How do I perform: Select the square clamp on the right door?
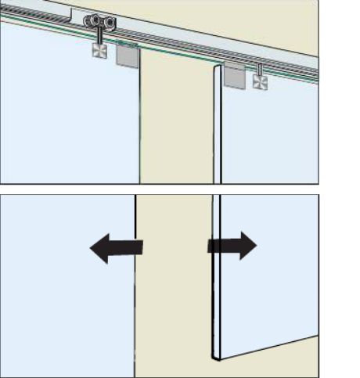pyautogui.click(x=260, y=82)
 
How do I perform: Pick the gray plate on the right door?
pyautogui.click(x=234, y=75)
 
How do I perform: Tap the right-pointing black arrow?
pyautogui.click(x=232, y=246)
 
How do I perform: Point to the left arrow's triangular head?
pyautogui.click(x=100, y=250)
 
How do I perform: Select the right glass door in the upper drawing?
pyautogui.click(x=274, y=133)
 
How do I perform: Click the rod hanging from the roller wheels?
pyautogui.click(x=100, y=37)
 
